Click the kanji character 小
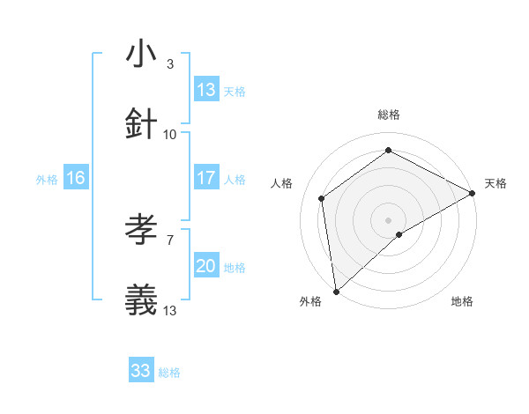click(x=142, y=54)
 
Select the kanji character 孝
click(x=142, y=231)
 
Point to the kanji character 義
click(x=142, y=300)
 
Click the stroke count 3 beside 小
click(x=170, y=64)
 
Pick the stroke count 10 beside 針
click(x=170, y=134)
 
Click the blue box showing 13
click(x=206, y=90)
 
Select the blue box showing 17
click(x=206, y=178)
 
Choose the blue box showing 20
click(x=206, y=266)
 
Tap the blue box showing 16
click(x=76, y=178)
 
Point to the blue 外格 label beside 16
click(x=47, y=179)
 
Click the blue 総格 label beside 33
click(x=169, y=373)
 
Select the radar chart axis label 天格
click(x=495, y=183)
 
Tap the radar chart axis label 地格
click(x=462, y=301)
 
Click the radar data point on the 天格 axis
click(x=473, y=193)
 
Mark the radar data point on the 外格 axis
click(x=336, y=291)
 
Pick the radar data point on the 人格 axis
click(x=322, y=198)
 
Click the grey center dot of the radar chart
click(x=388, y=219)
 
